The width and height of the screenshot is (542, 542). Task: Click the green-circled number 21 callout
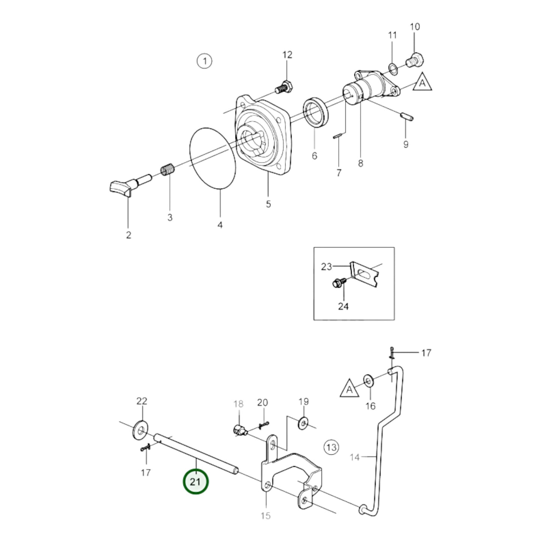pyautogui.click(x=195, y=482)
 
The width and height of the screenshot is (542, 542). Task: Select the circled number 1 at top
pyautogui.click(x=204, y=61)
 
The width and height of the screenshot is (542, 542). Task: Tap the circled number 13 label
pyautogui.click(x=331, y=447)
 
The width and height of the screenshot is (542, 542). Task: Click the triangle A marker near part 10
pyautogui.click(x=422, y=83)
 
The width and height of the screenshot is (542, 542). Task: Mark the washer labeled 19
pyautogui.click(x=303, y=424)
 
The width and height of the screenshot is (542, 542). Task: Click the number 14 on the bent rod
pyautogui.click(x=354, y=457)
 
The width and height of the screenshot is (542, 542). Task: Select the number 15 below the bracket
pyautogui.click(x=265, y=516)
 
